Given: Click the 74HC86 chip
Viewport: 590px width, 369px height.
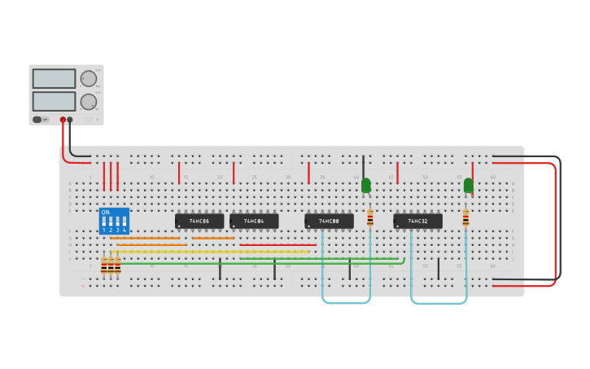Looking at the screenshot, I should click(x=199, y=221).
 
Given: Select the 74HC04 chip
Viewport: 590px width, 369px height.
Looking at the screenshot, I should click(x=254, y=221).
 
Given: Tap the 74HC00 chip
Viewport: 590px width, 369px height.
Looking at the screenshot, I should click(x=329, y=221).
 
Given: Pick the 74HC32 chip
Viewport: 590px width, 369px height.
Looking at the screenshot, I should click(x=417, y=221).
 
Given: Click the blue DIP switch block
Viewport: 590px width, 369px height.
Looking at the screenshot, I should click(x=114, y=222).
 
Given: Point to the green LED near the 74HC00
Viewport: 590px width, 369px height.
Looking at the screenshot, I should click(x=365, y=186).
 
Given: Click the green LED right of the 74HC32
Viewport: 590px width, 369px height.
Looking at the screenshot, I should click(x=468, y=186).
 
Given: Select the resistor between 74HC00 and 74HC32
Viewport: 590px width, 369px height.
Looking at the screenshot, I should click(x=370, y=217).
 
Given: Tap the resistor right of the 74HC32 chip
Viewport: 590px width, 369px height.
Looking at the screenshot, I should click(x=465, y=217).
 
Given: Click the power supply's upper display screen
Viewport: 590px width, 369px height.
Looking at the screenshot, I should click(x=54, y=79).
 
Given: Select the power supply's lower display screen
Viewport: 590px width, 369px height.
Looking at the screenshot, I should click(x=54, y=102).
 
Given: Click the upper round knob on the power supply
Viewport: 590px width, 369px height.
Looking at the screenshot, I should click(x=88, y=79).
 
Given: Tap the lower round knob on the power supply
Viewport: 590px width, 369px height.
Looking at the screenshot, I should click(x=88, y=102).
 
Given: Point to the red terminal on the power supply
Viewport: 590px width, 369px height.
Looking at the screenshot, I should click(x=62, y=120).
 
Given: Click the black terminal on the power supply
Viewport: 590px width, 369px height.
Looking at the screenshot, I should click(x=70, y=120).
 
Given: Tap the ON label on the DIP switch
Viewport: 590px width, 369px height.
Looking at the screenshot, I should click(x=105, y=213).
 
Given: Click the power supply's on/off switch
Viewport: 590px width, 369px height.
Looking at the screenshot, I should click(x=37, y=120).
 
